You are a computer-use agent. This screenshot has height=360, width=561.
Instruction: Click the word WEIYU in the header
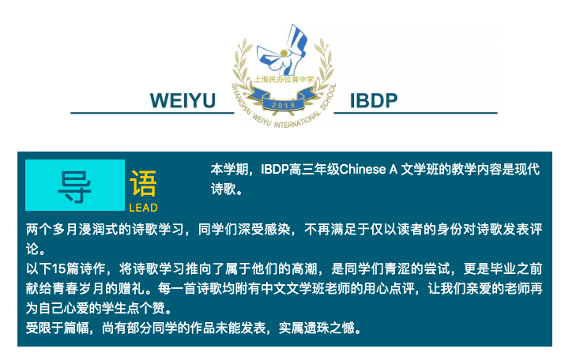pos(183,100)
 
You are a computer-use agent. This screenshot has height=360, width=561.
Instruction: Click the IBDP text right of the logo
pos(374,100)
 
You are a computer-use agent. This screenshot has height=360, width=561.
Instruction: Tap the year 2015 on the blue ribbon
pos(284,105)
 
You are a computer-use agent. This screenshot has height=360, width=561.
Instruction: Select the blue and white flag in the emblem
pos(283,49)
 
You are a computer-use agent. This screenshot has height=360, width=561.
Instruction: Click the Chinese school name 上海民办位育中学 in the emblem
pos(284,80)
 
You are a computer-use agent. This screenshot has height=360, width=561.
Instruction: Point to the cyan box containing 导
pos(75,186)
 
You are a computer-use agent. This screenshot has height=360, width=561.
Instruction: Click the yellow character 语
pos(143,184)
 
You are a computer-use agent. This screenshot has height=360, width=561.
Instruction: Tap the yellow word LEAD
pos(143,208)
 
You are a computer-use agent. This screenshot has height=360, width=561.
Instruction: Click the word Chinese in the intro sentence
pos(363,169)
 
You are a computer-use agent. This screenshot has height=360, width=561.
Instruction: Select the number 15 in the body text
pos(58,268)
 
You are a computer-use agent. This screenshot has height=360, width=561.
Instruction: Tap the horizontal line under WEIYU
pos(152,113)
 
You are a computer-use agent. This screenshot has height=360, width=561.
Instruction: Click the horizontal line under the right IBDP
pos(416,113)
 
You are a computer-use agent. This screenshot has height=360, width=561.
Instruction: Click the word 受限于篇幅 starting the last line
pos(57,328)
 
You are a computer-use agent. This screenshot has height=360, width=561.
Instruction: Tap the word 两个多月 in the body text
pos(51,229)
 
